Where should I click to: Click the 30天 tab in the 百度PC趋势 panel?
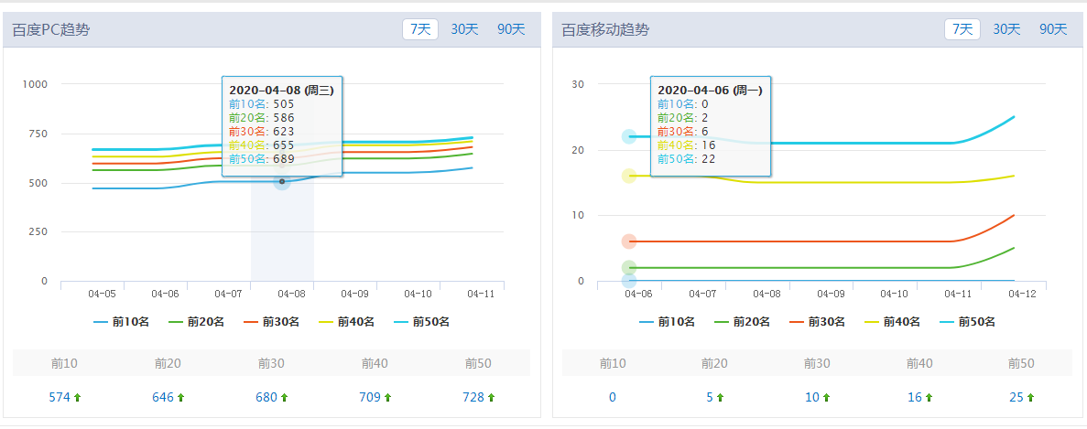(x=464, y=29)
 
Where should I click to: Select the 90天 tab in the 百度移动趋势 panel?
(x=1053, y=29)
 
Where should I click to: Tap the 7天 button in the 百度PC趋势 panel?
(x=420, y=29)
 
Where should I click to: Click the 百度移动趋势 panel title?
(x=604, y=29)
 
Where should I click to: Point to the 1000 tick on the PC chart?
(x=35, y=84)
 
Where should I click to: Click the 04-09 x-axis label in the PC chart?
(x=354, y=294)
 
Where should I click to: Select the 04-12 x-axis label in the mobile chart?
(x=1021, y=294)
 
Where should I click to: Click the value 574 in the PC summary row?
(x=60, y=397)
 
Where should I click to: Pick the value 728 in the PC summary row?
(x=473, y=397)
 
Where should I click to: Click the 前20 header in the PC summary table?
(x=168, y=363)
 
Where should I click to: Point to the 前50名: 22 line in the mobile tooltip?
(x=683, y=159)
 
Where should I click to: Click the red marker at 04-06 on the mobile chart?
(x=629, y=241)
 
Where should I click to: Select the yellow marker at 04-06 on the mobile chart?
(x=629, y=176)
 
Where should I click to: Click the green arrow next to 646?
(x=180, y=397)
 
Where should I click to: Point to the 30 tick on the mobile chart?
(x=578, y=84)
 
